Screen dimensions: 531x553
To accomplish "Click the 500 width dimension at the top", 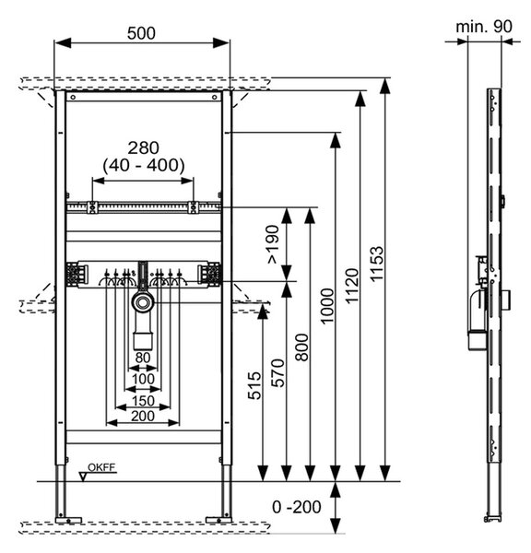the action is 141,33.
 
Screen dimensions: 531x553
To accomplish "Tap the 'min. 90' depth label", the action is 484,27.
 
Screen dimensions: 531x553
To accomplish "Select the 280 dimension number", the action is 143,148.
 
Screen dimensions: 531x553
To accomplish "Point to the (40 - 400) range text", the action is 144,165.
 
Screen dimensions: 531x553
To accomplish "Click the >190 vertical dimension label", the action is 273,244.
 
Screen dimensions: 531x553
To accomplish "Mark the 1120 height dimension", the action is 352,286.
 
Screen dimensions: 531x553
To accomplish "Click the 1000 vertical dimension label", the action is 326,305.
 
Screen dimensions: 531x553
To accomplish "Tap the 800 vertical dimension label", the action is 302,347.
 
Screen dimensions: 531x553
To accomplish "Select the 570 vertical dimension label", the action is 277,373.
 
